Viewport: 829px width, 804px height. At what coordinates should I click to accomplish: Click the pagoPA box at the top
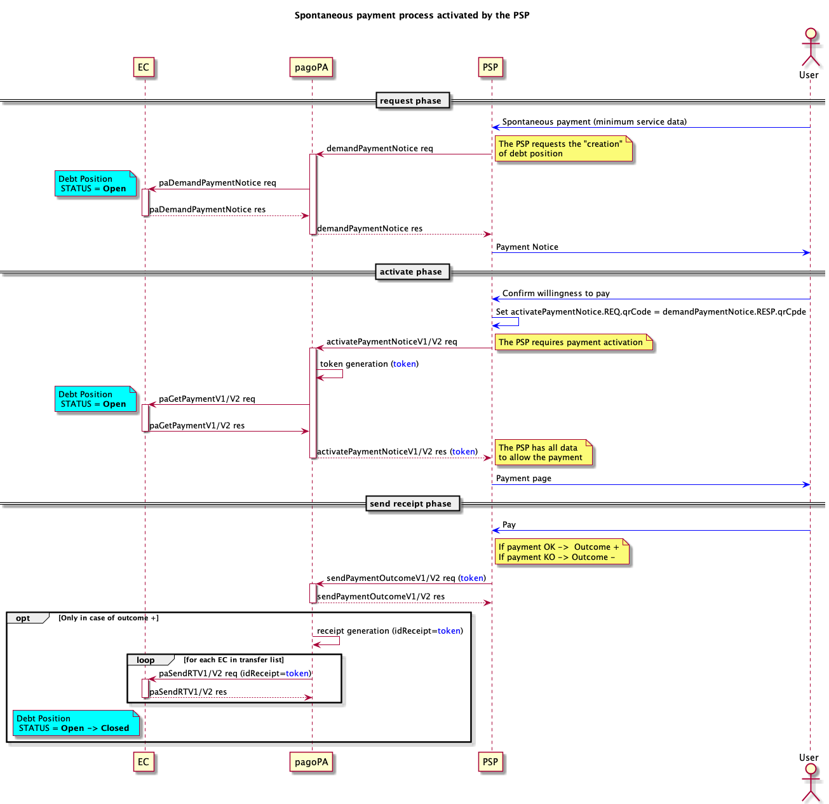(311, 67)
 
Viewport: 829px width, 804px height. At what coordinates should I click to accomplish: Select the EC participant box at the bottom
(144, 761)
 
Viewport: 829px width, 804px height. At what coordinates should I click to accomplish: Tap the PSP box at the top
(490, 67)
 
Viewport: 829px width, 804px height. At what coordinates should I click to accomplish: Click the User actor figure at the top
(810, 48)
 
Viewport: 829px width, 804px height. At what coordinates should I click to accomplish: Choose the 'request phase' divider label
(411, 101)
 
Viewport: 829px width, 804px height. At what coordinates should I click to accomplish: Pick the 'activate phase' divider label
(411, 272)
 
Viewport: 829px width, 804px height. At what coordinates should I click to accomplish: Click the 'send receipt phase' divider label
(411, 504)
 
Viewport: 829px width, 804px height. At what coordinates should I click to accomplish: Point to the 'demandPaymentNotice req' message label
(379, 149)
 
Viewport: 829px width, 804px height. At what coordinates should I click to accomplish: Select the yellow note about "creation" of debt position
(563, 149)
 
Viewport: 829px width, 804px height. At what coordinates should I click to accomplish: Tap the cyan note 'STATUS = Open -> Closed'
(76, 723)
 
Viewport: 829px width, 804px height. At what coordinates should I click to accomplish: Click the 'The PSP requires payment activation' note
(572, 343)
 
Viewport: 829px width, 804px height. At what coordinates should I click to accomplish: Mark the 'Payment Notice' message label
(527, 247)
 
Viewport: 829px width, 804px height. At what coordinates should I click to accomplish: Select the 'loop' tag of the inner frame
(146, 660)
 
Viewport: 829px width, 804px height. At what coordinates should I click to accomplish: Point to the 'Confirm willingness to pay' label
(556, 294)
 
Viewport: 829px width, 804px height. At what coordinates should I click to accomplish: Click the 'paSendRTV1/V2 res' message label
(188, 692)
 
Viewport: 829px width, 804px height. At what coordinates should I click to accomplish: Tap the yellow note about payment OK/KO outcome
(561, 552)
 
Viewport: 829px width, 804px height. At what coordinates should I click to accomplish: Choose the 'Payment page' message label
(523, 479)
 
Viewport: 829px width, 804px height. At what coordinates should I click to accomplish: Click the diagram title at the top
(412, 15)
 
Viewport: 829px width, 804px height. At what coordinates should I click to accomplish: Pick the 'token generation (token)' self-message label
(369, 364)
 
